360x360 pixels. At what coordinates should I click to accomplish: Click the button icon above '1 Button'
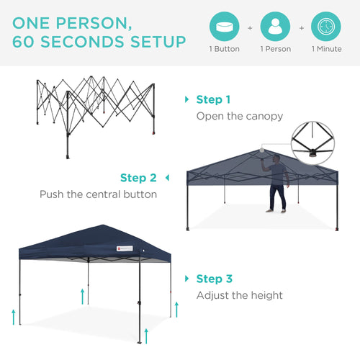point(225,27)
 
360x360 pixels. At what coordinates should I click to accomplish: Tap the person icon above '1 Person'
point(276,27)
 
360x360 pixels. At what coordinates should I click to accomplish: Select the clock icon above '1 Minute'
point(327,27)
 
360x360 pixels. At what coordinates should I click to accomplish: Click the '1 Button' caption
point(225,50)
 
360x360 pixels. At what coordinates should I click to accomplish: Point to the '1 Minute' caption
point(327,50)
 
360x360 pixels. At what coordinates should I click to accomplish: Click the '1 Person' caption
point(276,50)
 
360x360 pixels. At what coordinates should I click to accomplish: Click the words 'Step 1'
point(214,100)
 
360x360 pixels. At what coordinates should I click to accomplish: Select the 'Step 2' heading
point(138,178)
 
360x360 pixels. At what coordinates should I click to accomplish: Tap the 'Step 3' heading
point(214,279)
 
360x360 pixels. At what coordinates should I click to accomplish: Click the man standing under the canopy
point(276,186)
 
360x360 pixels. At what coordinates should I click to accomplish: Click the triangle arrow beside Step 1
point(189,100)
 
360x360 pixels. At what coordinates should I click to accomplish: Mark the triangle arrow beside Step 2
point(167,177)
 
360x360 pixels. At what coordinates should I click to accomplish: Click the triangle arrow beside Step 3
point(189,279)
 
